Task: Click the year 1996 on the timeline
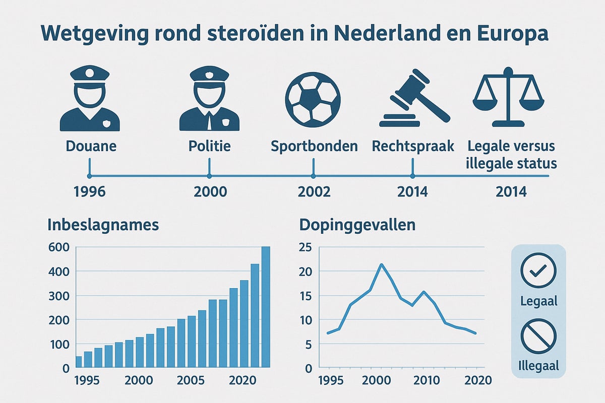[x=89, y=192]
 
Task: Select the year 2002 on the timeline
[x=314, y=192]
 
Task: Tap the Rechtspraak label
[x=413, y=147]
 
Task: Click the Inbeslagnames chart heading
[x=103, y=225]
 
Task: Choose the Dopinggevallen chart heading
[x=357, y=225]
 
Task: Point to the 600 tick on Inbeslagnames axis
[x=57, y=247]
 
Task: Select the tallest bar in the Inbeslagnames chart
[x=265, y=307]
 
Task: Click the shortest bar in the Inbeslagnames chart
[x=79, y=362]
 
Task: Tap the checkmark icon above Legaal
[x=538, y=272]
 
